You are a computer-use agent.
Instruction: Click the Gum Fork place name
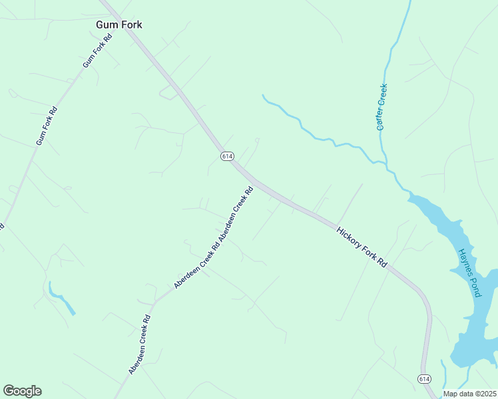click(119, 25)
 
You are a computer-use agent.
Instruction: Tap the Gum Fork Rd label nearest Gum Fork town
click(98, 50)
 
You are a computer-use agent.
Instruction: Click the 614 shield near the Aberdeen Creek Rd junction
click(227, 156)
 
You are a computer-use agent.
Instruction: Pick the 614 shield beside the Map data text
click(424, 378)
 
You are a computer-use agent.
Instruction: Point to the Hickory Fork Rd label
click(362, 247)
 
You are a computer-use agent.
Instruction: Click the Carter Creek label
click(381, 106)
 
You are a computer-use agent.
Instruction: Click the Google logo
click(22, 390)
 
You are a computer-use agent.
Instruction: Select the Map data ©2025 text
click(469, 394)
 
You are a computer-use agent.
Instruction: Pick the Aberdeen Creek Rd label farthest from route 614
click(140, 344)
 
